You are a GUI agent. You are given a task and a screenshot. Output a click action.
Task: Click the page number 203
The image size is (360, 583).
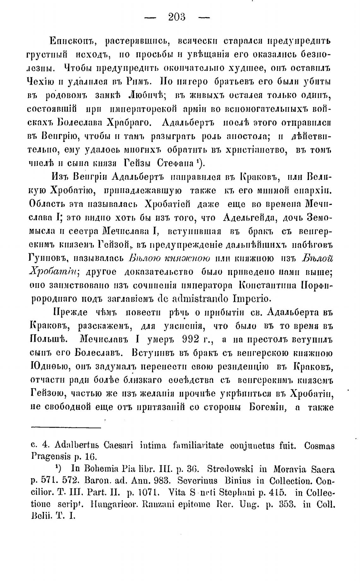click(x=177, y=17)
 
